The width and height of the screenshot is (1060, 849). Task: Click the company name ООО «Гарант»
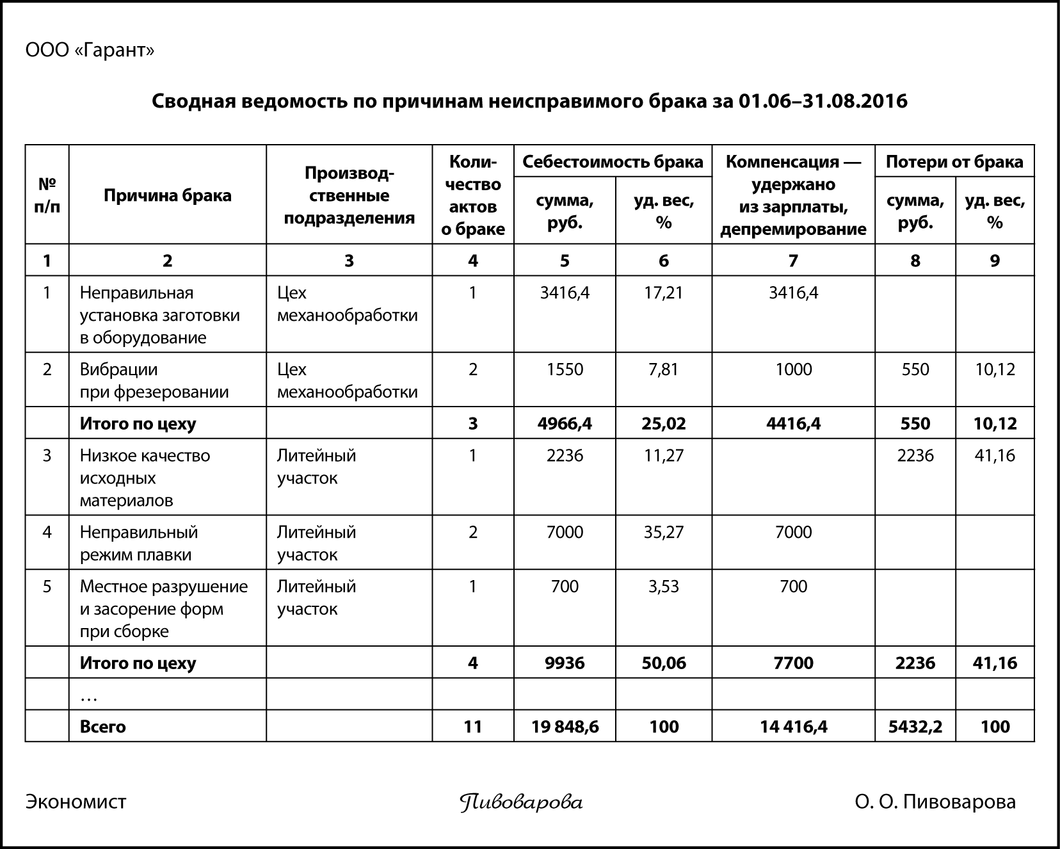pos(90,51)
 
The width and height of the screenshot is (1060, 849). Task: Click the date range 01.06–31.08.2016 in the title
pos(823,101)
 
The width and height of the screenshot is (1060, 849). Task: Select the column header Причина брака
pos(167,195)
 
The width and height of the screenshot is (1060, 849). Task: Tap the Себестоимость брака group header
pos(613,161)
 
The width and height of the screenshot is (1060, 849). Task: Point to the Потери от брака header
pos(954,161)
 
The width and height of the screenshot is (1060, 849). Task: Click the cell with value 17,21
pos(663,293)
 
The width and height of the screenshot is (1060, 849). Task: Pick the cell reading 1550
pos(565,369)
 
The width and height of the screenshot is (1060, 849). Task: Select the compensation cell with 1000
pos(793,369)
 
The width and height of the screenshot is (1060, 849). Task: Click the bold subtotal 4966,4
pos(565,423)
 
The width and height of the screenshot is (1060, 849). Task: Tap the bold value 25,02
pos(663,423)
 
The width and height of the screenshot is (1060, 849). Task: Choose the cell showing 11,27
pos(663,456)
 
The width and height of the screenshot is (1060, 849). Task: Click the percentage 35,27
pos(663,532)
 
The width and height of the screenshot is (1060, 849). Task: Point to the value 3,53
pos(663,586)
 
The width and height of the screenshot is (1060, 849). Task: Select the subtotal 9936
pos(565,663)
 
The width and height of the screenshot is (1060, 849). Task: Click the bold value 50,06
pos(663,663)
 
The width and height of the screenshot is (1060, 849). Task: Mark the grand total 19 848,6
pos(565,727)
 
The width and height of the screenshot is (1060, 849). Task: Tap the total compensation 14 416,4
pos(793,727)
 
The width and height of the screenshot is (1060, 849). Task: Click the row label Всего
pos(102,727)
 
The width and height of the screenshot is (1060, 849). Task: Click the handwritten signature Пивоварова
pos(521,802)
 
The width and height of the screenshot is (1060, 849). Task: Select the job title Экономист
pos(76,802)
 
